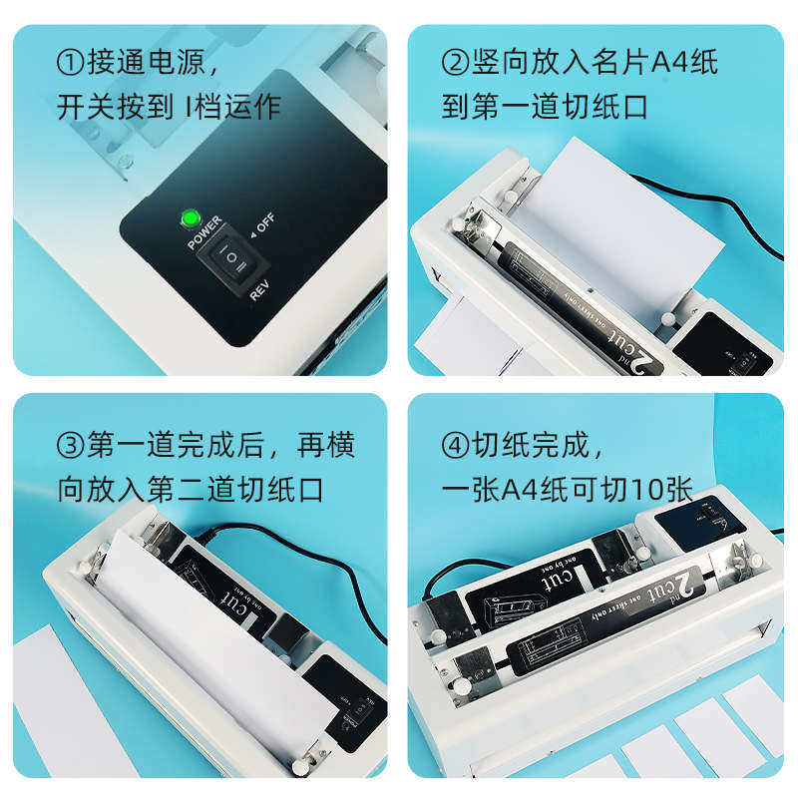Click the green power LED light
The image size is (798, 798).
[188, 218]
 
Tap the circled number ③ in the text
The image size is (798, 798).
[69, 447]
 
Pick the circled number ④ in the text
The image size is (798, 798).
[455, 447]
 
